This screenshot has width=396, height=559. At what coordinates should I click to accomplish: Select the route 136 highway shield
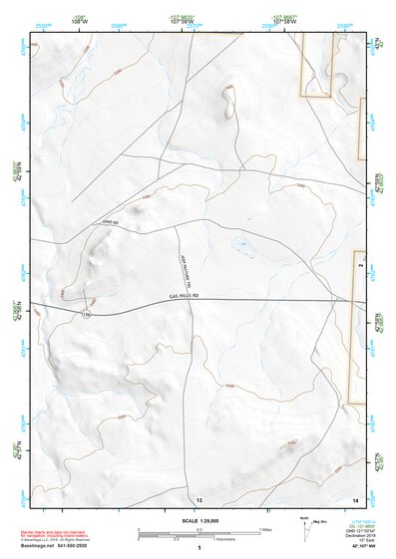pyautogui.click(x=86, y=315)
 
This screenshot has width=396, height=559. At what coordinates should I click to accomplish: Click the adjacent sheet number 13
pyautogui.click(x=198, y=498)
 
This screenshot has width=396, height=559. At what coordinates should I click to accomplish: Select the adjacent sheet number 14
pyautogui.click(x=355, y=498)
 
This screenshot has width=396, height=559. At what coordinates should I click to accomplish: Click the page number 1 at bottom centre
pyautogui.click(x=199, y=548)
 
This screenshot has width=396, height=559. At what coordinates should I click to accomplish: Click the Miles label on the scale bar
pyautogui.click(x=267, y=529)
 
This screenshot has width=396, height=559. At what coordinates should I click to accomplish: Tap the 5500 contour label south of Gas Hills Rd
pyautogui.click(x=230, y=386)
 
